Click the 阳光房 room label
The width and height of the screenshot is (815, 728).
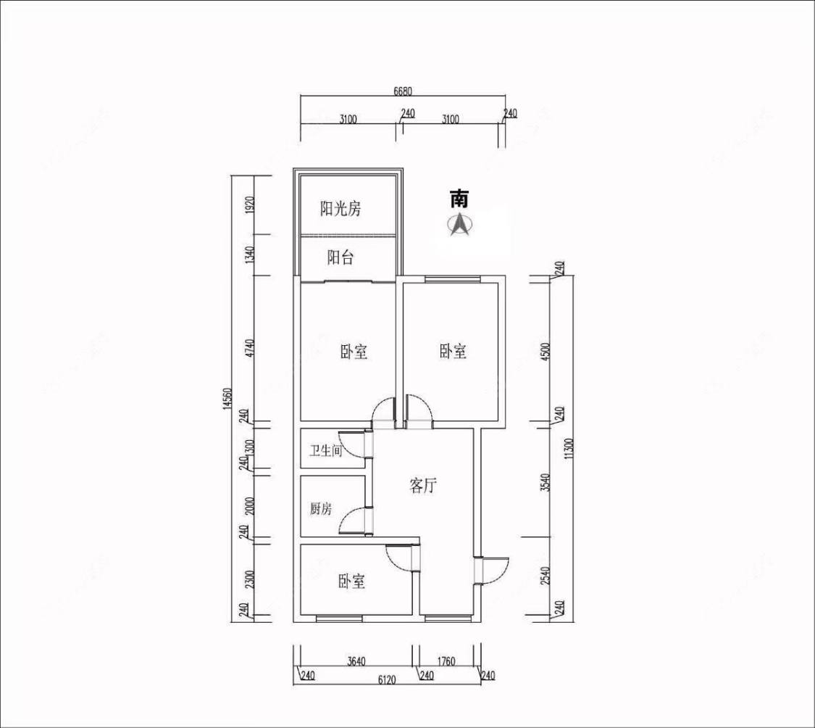[x=340, y=209]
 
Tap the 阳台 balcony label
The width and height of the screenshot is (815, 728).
[x=340, y=257]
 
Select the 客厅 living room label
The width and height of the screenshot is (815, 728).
[x=422, y=486]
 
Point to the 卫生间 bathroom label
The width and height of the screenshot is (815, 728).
[x=325, y=450]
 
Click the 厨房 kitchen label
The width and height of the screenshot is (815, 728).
[x=321, y=508]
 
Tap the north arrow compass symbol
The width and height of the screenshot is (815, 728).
[x=459, y=226]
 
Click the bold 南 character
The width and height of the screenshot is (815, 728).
[x=459, y=199]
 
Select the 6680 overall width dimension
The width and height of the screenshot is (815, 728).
[x=402, y=91]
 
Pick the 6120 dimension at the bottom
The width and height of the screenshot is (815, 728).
[x=387, y=679]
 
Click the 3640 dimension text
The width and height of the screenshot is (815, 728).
[x=356, y=661]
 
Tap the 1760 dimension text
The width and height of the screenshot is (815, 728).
[x=446, y=661]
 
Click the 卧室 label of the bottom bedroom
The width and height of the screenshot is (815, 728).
[x=352, y=582]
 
